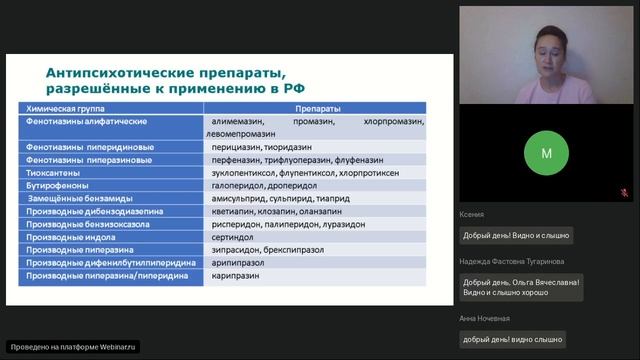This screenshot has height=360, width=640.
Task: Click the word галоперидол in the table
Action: pos(231,186)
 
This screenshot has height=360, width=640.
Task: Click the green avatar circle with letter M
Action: pos(546,154)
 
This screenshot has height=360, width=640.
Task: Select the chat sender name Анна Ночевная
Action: pos(485,318)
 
